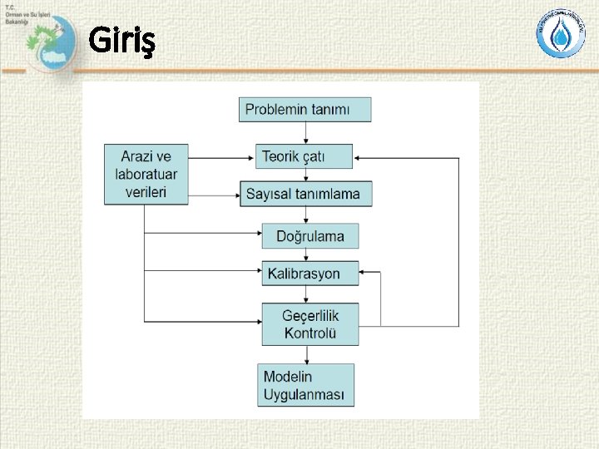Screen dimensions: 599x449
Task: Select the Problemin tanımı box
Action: (305, 110)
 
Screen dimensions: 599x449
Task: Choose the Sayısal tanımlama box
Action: (305, 194)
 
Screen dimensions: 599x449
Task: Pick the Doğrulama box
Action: (310, 236)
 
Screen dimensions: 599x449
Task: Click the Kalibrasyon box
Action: (310, 273)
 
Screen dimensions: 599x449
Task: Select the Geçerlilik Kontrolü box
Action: (310, 324)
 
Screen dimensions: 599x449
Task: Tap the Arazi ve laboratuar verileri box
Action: (146, 174)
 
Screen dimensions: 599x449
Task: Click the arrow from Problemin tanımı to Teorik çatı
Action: (305, 133)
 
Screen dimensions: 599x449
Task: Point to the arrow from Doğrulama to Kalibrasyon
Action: (309, 254)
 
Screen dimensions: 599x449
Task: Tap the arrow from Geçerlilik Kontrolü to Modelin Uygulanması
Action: (309, 354)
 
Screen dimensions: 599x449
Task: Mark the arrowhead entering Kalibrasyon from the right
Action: (365, 273)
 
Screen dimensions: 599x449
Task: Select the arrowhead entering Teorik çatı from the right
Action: (359, 155)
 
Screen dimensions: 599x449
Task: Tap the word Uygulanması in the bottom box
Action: (304, 394)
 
